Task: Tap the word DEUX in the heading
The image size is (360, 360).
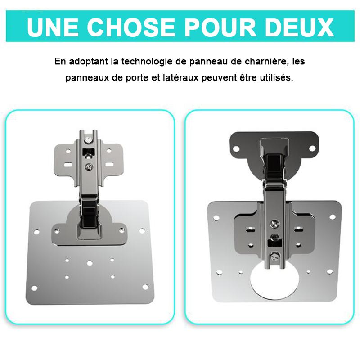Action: point(299,27)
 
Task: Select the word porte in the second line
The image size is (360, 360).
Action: point(137,78)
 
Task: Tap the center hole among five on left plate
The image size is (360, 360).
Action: point(90,263)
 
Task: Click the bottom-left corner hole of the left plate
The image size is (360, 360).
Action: point(35,288)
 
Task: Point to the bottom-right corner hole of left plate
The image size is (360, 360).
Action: point(145,287)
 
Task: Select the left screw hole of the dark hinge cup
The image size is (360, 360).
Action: point(236,149)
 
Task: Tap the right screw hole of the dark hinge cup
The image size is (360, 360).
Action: point(312,148)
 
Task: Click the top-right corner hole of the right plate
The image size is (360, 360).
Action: point(333,217)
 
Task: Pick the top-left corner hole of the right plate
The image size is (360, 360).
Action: point(216,218)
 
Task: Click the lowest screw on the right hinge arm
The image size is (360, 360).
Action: point(275,256)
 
